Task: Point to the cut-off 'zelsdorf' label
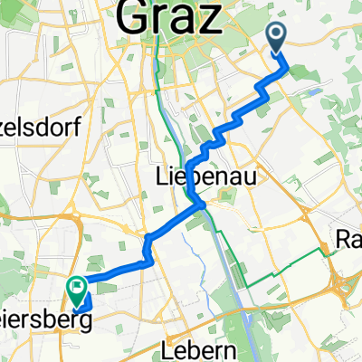point(39,128)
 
